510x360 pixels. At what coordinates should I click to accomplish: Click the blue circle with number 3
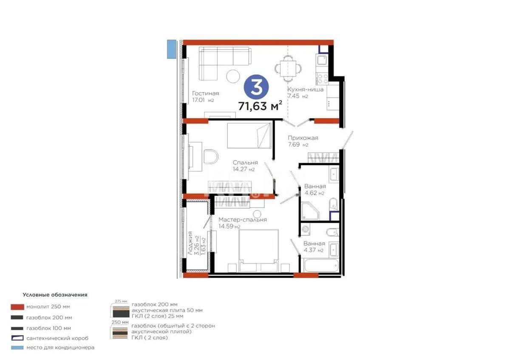[x=256, y=87]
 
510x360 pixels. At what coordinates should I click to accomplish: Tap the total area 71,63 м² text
[x=260, y=106]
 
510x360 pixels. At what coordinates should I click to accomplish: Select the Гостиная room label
[x=205, y=94]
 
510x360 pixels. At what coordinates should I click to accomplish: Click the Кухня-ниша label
[x=305, y=89]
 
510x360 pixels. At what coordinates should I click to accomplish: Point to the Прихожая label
[x=303, y=138]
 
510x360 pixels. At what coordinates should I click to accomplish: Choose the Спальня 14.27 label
[x=245, y=163]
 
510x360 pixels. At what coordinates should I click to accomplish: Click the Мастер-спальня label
[x=242, y=220]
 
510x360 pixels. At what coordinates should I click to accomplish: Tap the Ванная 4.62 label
[x=314, y=187]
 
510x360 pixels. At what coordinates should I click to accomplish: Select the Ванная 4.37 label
[x=314, y=244]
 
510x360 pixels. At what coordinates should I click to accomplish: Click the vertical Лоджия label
[x=190, y=243]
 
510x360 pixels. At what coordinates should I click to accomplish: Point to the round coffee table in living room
[x=233, y=76]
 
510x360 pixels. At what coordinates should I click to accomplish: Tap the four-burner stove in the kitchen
[x=322, y=79]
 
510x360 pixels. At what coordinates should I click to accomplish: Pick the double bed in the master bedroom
[x=258, y=250]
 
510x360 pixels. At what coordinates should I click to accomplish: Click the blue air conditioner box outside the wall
[x=171, y=48]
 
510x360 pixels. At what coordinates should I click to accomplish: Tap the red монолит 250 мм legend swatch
[x=17, y=306]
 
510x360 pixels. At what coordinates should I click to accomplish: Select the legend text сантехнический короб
[x=57, y=338]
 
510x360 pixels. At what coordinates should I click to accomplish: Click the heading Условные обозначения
[x=55, y=294]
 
